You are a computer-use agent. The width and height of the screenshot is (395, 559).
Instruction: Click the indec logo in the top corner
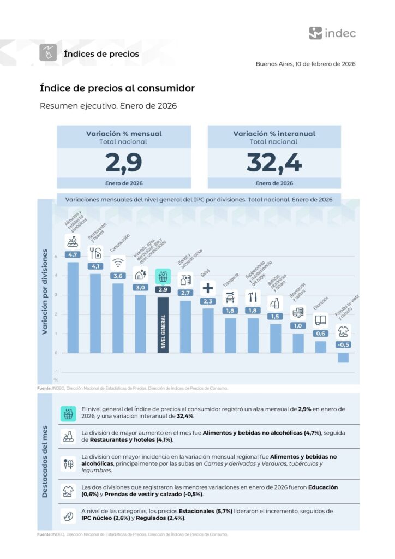(332, 33)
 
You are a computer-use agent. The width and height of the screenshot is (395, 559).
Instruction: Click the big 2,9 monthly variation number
(124, 162)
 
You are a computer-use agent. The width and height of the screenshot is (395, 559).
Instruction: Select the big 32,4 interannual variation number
(274, 162)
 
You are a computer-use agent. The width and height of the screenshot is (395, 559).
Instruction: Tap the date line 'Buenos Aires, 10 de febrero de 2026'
(306, 64)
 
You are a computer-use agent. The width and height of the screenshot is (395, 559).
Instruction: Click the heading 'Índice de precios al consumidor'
(117, 88)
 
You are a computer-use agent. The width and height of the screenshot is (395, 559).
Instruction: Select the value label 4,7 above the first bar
(73, 254)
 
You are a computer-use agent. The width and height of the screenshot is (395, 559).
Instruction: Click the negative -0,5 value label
(343, 344)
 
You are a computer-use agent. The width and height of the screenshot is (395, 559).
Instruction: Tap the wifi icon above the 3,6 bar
(118, 263)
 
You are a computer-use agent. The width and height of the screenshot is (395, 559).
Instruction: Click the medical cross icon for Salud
(208, 288)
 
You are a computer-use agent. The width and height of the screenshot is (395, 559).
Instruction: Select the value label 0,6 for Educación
(320, 333)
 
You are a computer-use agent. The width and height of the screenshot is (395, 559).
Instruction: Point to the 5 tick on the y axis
(56, 256)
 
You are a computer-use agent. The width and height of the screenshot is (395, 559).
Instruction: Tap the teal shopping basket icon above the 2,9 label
(163, 276)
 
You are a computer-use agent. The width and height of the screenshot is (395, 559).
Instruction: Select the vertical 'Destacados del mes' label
(45, 461)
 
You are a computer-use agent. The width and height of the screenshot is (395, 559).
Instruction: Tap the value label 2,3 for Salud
(208, 301)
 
